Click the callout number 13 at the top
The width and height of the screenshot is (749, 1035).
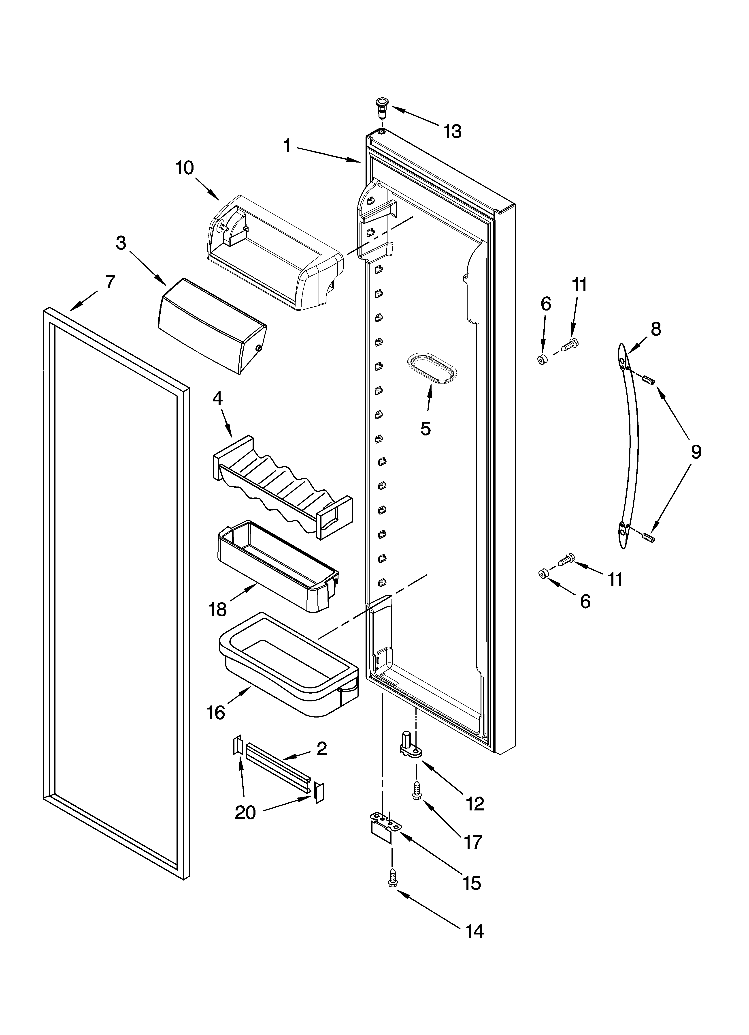pyautogui.click(x=453, y=132)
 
